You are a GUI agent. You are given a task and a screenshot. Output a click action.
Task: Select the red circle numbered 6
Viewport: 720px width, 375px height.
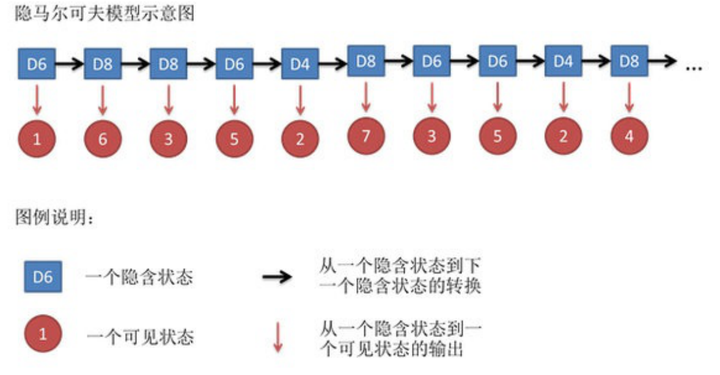click(x=103, y=139)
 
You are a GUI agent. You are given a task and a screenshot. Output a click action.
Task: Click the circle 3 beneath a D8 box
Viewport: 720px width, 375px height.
click(x=168, y=139)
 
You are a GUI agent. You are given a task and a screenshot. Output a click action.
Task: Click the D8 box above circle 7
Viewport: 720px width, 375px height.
click(x=366, y=60)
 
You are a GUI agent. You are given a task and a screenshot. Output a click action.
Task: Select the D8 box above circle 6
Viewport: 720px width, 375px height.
click(x=103, y=64)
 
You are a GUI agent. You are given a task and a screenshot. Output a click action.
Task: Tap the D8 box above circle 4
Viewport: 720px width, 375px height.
click(x=629, y=60)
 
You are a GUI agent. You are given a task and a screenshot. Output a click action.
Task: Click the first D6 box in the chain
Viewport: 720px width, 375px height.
click(x=37, y=64)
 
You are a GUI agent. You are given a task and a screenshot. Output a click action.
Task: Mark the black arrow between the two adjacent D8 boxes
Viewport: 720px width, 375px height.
click(x=135, y=64)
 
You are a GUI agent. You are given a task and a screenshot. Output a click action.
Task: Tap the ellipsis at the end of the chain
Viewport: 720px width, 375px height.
click(x=694, y=67)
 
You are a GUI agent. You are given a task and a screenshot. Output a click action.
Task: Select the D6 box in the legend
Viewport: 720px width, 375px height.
click(x=42, y=278)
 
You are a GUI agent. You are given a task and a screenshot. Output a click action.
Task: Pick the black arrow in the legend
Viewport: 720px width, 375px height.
click(x=277, y=278)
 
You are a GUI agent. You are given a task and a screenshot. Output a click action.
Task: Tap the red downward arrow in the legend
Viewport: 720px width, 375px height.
click(x=278, y=337)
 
